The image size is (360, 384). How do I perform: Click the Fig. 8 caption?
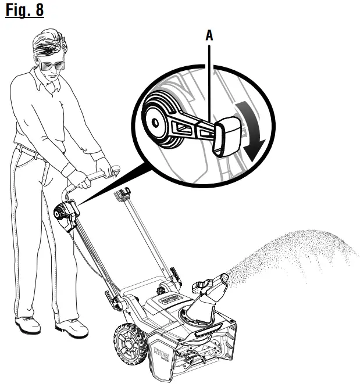pos(24,12)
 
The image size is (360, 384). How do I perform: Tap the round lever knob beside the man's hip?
pos(61,213)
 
